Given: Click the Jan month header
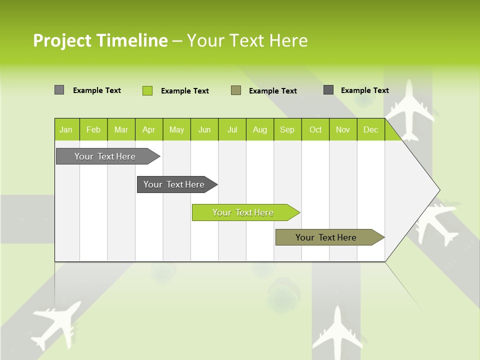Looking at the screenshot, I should (x=66, y=129).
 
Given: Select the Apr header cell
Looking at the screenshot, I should (x=148, y=129).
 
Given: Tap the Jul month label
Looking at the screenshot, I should (x=232, y=129).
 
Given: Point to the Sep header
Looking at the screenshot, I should (x=287, y=129).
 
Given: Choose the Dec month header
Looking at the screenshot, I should (x=370, y=129).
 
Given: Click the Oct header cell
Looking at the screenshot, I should (x=315, y=129).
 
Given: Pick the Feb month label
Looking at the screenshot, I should (x=93, y=129).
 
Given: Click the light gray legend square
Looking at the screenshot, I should (x=59, y=90).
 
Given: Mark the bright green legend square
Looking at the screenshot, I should (x=147, y=90).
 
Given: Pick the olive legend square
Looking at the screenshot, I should (x=236, y=90).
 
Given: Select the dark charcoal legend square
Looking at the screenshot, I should (x=328, y=90).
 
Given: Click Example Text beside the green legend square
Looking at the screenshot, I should (x=185, y=91).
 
